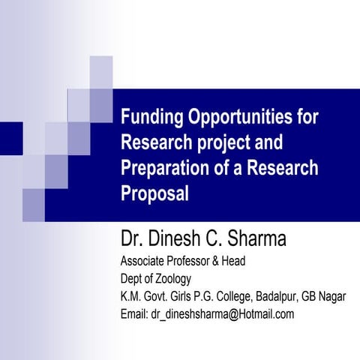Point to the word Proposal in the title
click(154, 192)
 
